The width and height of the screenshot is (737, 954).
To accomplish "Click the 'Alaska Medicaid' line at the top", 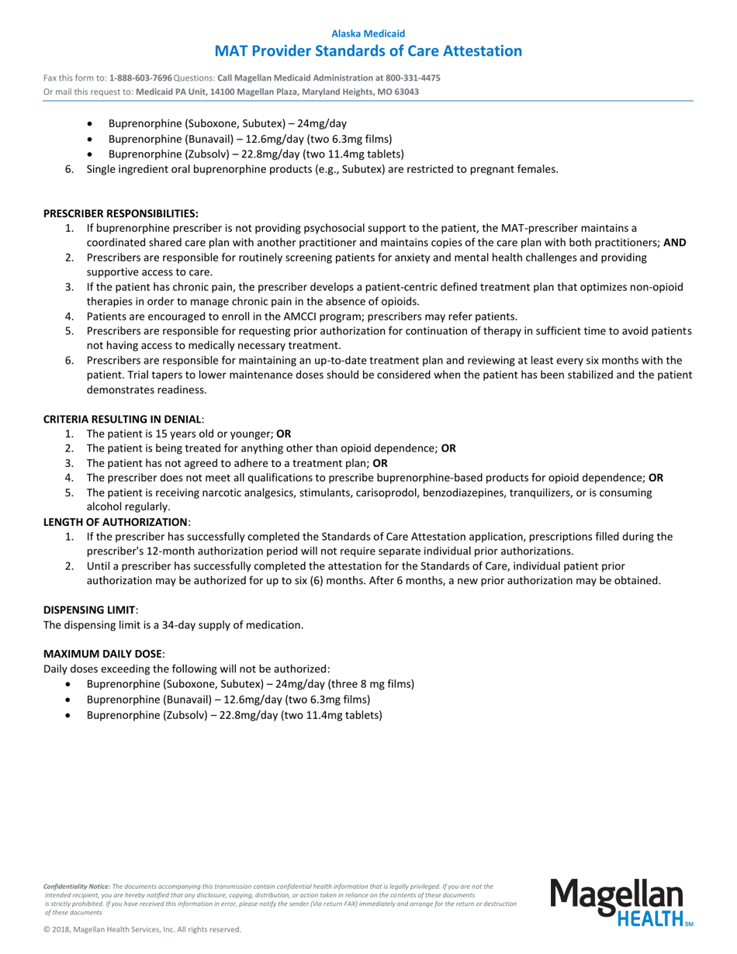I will pos(368,34).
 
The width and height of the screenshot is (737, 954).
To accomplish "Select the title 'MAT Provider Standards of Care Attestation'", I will pos(368,51).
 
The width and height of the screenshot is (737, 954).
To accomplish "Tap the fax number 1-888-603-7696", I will pos(140,78).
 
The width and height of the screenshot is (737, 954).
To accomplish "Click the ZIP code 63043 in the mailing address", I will pos(405,92).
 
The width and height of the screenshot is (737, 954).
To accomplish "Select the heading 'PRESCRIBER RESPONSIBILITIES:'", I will pos(120,213).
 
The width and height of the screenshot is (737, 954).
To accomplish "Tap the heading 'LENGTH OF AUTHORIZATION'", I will pos(116,522).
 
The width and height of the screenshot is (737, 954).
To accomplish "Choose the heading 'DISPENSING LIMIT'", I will pos(89,610).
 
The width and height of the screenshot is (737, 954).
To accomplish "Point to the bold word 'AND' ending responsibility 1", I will pos(675,242).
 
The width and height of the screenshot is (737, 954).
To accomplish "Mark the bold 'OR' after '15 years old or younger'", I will pos(284,434).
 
